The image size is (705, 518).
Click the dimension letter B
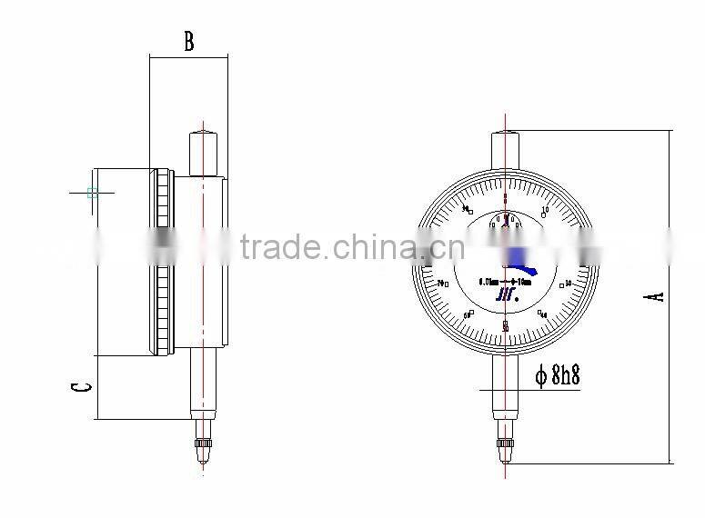coord(189,41)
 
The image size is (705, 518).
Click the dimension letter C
coord(80,387)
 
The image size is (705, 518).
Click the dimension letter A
coord(657,296)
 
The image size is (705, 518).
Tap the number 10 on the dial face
coord(545,211)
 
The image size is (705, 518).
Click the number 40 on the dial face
coord(542,314)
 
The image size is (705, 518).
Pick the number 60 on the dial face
coord(468,314)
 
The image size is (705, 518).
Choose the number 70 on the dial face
coord(443,284)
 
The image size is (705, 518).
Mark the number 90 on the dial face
coord(465,209)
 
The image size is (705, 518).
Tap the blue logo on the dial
coord(504,293)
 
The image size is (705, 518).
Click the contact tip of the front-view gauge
coord(505,451)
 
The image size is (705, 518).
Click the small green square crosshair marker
coord(92,193)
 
